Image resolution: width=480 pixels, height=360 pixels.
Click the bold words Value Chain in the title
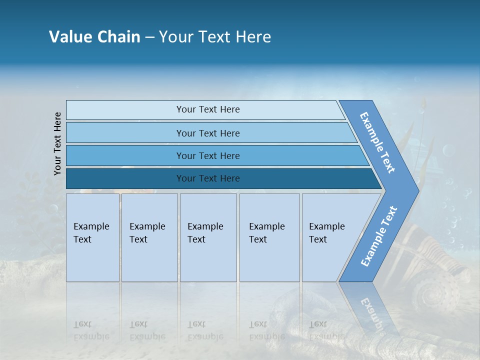point(94,37)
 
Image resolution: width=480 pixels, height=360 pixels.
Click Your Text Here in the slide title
point(215,37)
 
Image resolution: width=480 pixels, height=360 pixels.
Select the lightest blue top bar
point(125,110)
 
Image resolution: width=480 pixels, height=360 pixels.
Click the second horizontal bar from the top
point(125,133)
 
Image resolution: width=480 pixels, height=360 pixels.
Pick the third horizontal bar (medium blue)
point(125,156)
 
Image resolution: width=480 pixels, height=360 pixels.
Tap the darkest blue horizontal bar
point(125,178)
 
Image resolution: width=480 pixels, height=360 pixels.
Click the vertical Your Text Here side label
point(57,144)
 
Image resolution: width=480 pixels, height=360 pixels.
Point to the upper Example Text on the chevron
point(377,142)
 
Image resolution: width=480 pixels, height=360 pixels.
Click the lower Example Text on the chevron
point(379,236)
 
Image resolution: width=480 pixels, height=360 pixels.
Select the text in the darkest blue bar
point(208,178)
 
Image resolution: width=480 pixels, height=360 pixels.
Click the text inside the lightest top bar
point(208,109)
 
